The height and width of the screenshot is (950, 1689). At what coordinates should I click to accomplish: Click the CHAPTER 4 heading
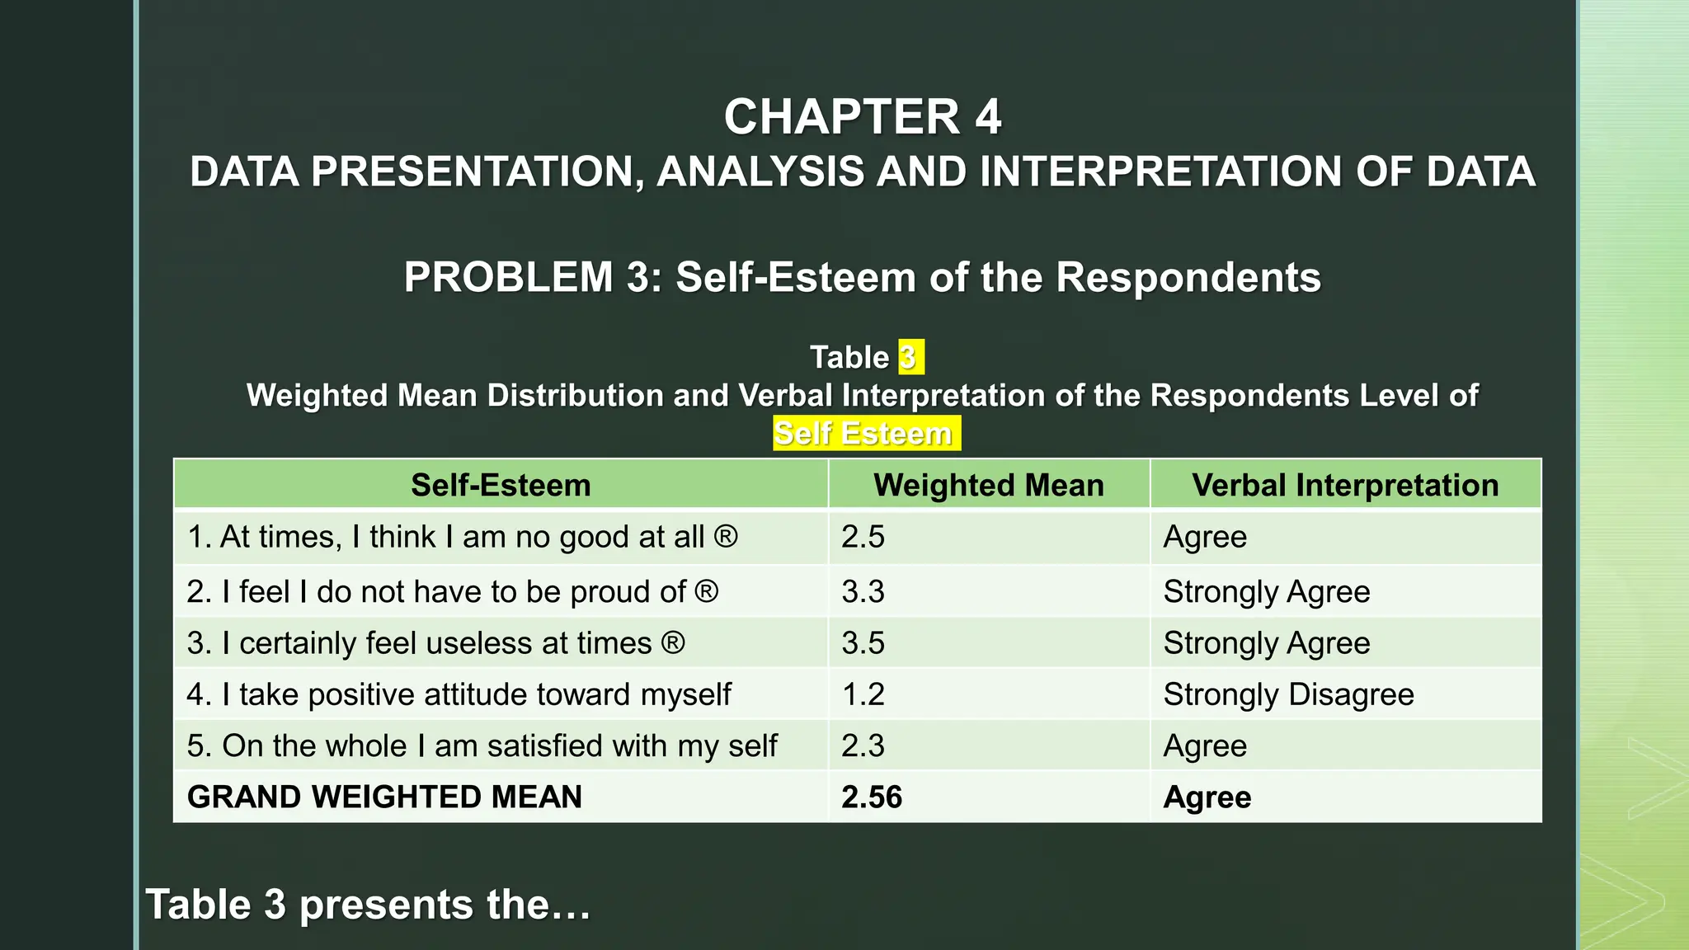[863, 116]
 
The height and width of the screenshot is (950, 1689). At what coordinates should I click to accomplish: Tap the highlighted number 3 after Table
[908, 358]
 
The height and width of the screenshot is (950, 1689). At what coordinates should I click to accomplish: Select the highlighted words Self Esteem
[863, 434]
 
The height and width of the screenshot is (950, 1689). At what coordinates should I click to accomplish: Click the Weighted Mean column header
[988, 485]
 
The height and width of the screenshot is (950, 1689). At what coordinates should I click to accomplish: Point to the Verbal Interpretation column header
[1345, 485]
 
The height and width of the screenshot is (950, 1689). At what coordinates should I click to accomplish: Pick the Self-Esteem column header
[501, 485]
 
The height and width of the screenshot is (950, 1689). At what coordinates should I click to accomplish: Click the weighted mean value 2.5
[863, 537]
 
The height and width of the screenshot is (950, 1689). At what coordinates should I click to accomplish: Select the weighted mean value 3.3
[863, 591]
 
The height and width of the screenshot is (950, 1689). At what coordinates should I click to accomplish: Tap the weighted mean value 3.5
[863, 643]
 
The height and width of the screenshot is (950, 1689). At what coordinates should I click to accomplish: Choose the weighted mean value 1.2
[863, 694]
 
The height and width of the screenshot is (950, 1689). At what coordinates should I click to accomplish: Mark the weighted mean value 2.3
[863, 745]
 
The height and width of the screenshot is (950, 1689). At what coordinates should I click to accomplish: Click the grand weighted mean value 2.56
[872, 797]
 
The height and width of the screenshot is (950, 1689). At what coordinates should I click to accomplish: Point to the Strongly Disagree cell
[1288, 694]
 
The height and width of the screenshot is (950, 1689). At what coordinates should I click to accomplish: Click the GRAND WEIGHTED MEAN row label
[384, 797]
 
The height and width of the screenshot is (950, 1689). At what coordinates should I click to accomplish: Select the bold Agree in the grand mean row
[1207, 797]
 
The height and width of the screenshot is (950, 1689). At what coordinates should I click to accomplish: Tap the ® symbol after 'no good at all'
[726, 537]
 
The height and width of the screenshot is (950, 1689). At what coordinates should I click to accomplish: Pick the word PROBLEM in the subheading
[508, 277]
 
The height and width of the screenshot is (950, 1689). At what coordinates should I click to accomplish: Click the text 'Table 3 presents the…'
[368, 905]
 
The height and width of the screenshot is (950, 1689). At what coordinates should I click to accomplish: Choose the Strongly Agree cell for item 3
[1267, 643]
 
